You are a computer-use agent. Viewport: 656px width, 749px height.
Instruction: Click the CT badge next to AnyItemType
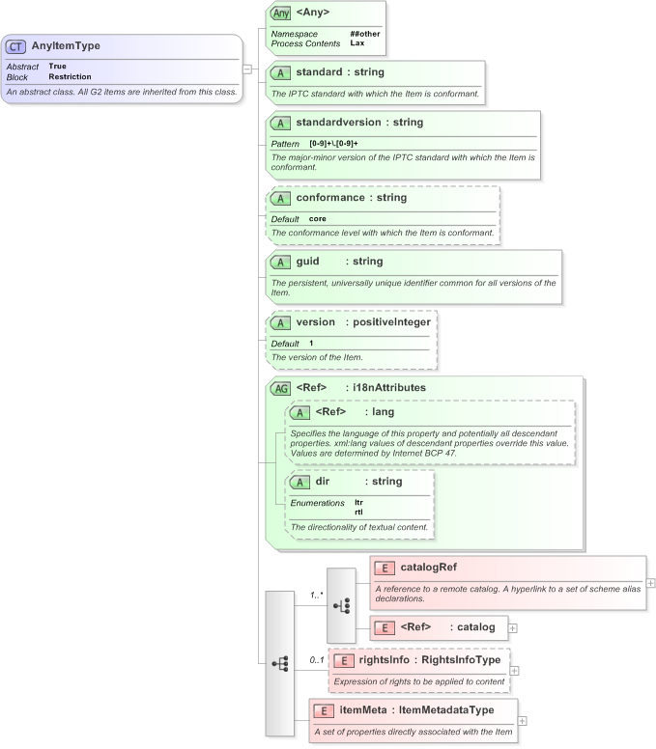pyautogui.click(x=17, y=46)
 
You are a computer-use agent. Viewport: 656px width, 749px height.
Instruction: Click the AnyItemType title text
pyautogui.click(x=66, y=46)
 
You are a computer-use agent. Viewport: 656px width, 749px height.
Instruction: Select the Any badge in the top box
pyautogui.click(x=281, y=14)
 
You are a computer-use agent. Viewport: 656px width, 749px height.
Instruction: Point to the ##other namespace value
pyautogui.click(x=365, y=34)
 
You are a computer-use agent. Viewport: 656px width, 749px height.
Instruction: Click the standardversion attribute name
pyautogui.click(x=346, y=124)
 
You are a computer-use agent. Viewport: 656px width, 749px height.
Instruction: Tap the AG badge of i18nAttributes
pyautogui.click(x=280, y=388)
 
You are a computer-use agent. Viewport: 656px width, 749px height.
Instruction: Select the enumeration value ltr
pyautogui.click(x=359, y=503)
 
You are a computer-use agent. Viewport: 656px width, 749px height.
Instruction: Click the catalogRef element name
pyautogui.click(x=429, y=568)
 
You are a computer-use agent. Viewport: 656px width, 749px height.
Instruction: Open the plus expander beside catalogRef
pyautogui.click(x=651, y=583)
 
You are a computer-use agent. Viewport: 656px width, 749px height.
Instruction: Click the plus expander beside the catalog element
pyautogui.click(x=512, y=628)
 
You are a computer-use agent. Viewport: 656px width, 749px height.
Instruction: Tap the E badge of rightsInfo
pyautogui.click(x=343, y=660)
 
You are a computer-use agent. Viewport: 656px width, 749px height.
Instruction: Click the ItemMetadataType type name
pyautogui.click(x=448, y=710)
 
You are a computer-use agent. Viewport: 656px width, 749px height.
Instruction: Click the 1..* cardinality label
pyautogui.click(x=316, y=596)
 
